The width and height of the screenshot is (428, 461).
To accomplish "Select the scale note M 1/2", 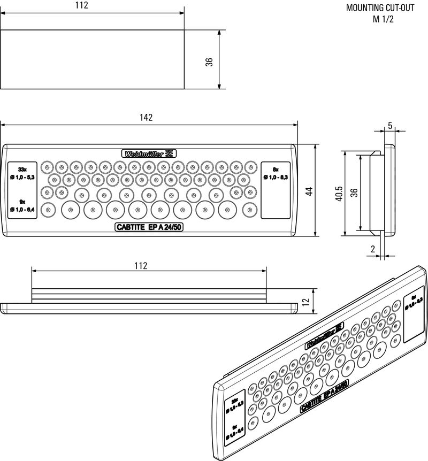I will click(383, 19).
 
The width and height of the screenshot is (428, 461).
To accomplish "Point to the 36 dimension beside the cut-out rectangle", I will click(209, 62).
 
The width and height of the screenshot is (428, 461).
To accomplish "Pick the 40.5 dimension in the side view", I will click(339, 194).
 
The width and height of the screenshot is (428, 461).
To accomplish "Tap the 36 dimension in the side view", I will click(354, 194).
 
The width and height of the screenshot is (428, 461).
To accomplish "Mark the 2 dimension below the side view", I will click(372, 249).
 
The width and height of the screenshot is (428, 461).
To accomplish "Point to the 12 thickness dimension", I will click(305, 302).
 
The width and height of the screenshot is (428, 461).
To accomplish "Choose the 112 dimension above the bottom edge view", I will click(140, 265).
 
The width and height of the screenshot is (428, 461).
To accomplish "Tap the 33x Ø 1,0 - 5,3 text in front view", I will click(22, 172).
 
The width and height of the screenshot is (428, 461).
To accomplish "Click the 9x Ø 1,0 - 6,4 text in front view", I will click(22, 204).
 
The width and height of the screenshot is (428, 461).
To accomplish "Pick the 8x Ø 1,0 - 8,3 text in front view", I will click(276, 172).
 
